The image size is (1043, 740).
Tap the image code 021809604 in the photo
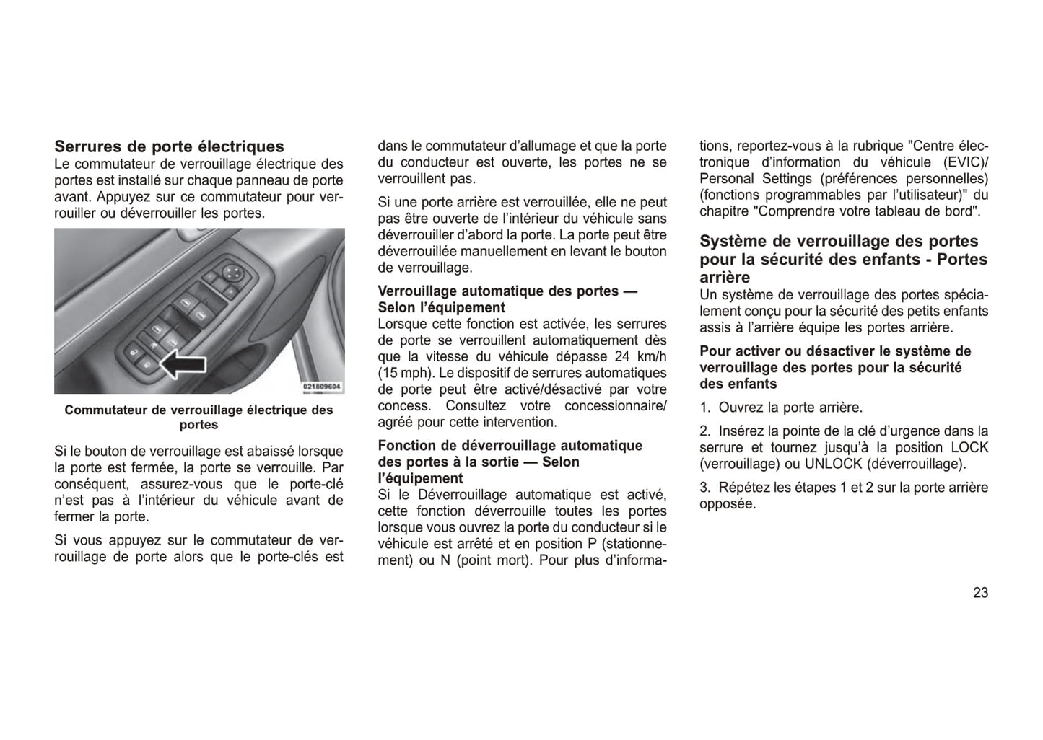coord(323,387)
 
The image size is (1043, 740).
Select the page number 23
coord(980,593)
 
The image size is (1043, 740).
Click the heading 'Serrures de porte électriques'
coord(170,147)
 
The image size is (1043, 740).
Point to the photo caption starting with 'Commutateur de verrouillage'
coord(198,417)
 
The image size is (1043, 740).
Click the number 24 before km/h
coord(622,356)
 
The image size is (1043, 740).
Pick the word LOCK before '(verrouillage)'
coord(969,447)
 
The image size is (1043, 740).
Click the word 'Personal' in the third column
coord(726,179)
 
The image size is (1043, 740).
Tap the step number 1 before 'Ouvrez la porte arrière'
coord(704,408)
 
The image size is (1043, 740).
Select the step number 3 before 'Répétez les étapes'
coord(704,488)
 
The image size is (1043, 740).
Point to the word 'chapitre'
coord(724,211)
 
